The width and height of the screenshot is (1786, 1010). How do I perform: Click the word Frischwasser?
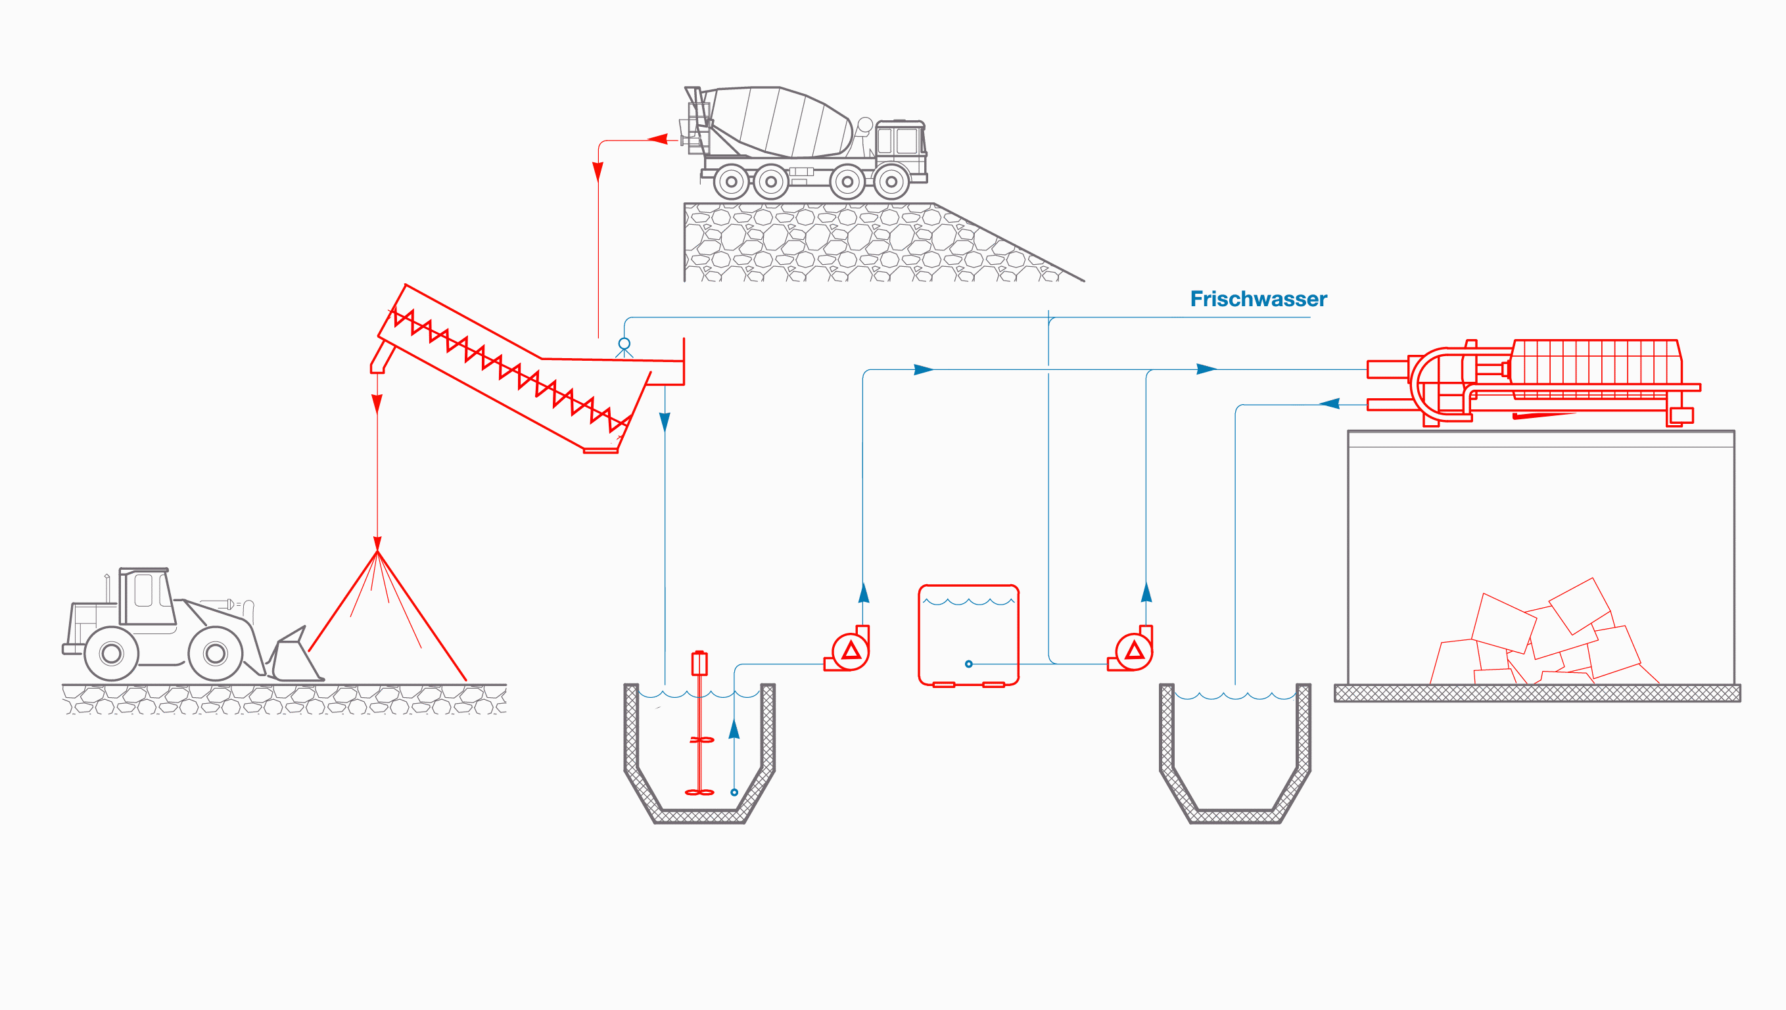tap(1258, 299)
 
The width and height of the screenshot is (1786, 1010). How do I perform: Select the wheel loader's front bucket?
tap(295, 658)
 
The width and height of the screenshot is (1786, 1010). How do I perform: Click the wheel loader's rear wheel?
tap(111, 653)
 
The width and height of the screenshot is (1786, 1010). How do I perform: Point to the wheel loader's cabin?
tap(146, 597)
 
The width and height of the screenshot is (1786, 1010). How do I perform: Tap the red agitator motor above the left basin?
tap(699, 663)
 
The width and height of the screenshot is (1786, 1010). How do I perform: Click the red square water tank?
tap(969, 635)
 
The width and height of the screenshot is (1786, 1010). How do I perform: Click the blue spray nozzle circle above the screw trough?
tap(624, 344)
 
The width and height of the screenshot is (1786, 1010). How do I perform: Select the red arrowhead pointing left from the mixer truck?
tap(658, 139)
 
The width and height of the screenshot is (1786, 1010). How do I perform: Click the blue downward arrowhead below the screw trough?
tap(665, 422)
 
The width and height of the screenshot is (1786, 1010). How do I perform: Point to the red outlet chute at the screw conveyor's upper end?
tap(380, 359)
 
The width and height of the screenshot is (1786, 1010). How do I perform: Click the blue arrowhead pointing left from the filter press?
tap(1328, 403)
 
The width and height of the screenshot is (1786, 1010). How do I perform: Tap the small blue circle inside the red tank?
tap(969, 664)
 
